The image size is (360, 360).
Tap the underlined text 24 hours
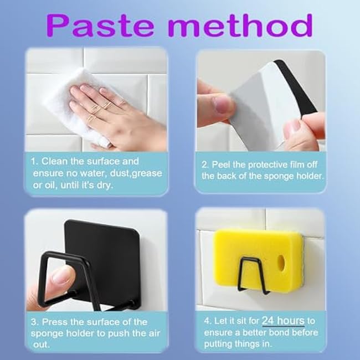pos(283,321)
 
